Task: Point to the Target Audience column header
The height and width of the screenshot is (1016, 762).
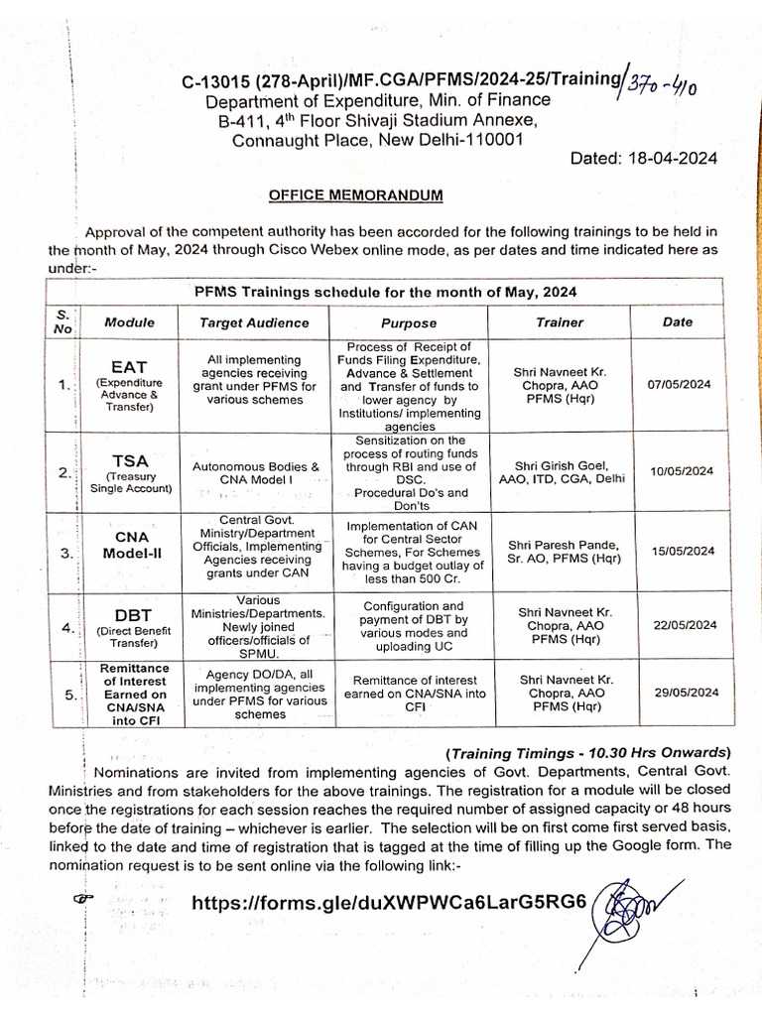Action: point(254,322)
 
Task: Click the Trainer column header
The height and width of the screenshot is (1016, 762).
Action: point(560,322)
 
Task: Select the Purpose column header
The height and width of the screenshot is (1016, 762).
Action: point(409,322)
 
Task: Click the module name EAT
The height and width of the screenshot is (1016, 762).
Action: point(130,368)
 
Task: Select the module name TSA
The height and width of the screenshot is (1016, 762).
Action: point(130,460)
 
